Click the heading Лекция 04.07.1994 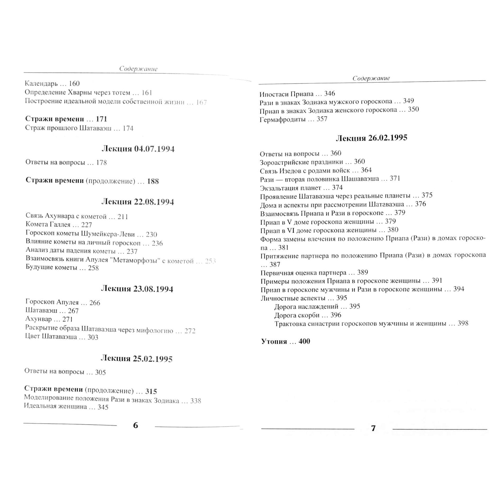138,149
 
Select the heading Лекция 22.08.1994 137,202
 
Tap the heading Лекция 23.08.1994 137,289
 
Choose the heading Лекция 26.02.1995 371,138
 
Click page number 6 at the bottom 136,425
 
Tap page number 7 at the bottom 373,428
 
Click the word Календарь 41,84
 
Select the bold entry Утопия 274,342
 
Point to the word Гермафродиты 282,119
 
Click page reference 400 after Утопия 304,342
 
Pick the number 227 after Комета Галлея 87,225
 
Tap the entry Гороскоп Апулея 52,303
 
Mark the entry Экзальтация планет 290,188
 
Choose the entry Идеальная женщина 55,407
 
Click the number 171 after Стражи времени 101,119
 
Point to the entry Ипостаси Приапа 286,94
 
